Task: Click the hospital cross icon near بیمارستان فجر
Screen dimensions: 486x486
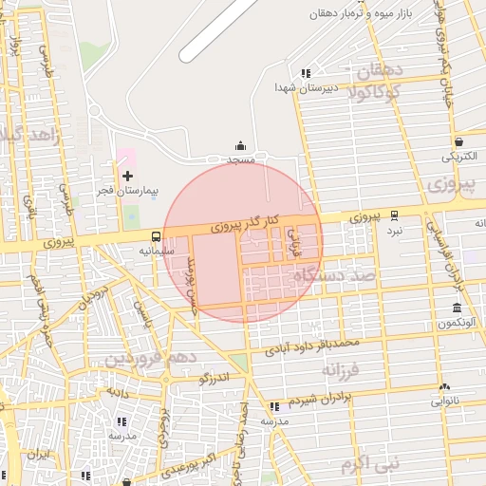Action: [128, 176]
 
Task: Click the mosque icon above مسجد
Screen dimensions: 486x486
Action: [240, 146]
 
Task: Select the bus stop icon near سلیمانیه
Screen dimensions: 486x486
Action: [155, 236]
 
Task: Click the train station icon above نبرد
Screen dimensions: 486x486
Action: [394, 215]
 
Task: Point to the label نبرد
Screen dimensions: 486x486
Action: [394, 230]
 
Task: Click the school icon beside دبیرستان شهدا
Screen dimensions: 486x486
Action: [305, 73]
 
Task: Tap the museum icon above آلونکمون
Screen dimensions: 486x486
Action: [458, 308]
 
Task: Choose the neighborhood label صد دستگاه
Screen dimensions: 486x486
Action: [335, 274]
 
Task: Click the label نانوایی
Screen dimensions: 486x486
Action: [445, 401]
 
